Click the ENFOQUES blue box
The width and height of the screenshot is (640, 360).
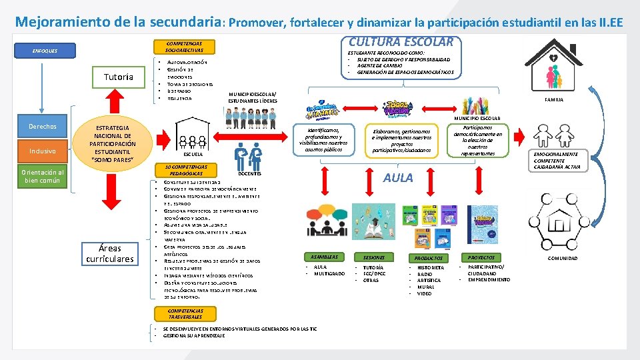click(46, 51)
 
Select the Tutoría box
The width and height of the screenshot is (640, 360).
click(118, 77)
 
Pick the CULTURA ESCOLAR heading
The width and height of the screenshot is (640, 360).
click(402, 41)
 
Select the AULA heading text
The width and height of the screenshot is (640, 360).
click(398, 178)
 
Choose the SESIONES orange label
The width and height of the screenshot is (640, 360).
click(374, 257)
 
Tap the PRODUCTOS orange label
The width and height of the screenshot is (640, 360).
click(428, 257)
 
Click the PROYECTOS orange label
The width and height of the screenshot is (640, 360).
click(481, 257)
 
